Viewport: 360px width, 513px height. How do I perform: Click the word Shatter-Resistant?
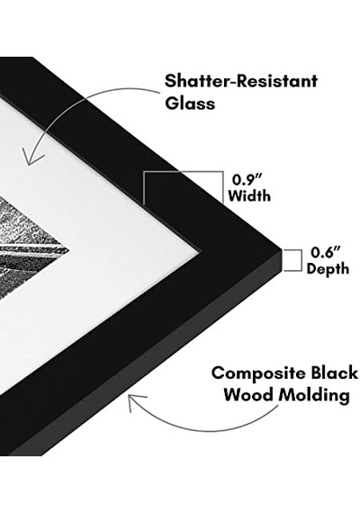(x=241, y=81)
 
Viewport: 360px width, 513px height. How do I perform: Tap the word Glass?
(x=190, y=103)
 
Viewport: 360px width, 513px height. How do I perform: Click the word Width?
(x=249, y=196)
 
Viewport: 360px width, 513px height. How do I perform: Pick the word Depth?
(x=328, y=269)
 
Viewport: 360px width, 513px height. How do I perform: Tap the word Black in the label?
(x=334, y=373)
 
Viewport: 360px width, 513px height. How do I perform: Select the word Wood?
(x=248, y=395)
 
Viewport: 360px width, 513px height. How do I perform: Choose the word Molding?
(x=314, y=396)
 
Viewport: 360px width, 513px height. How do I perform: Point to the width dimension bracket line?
(x=184, y=172)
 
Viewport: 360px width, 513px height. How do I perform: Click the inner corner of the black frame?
(x=200, y=251)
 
